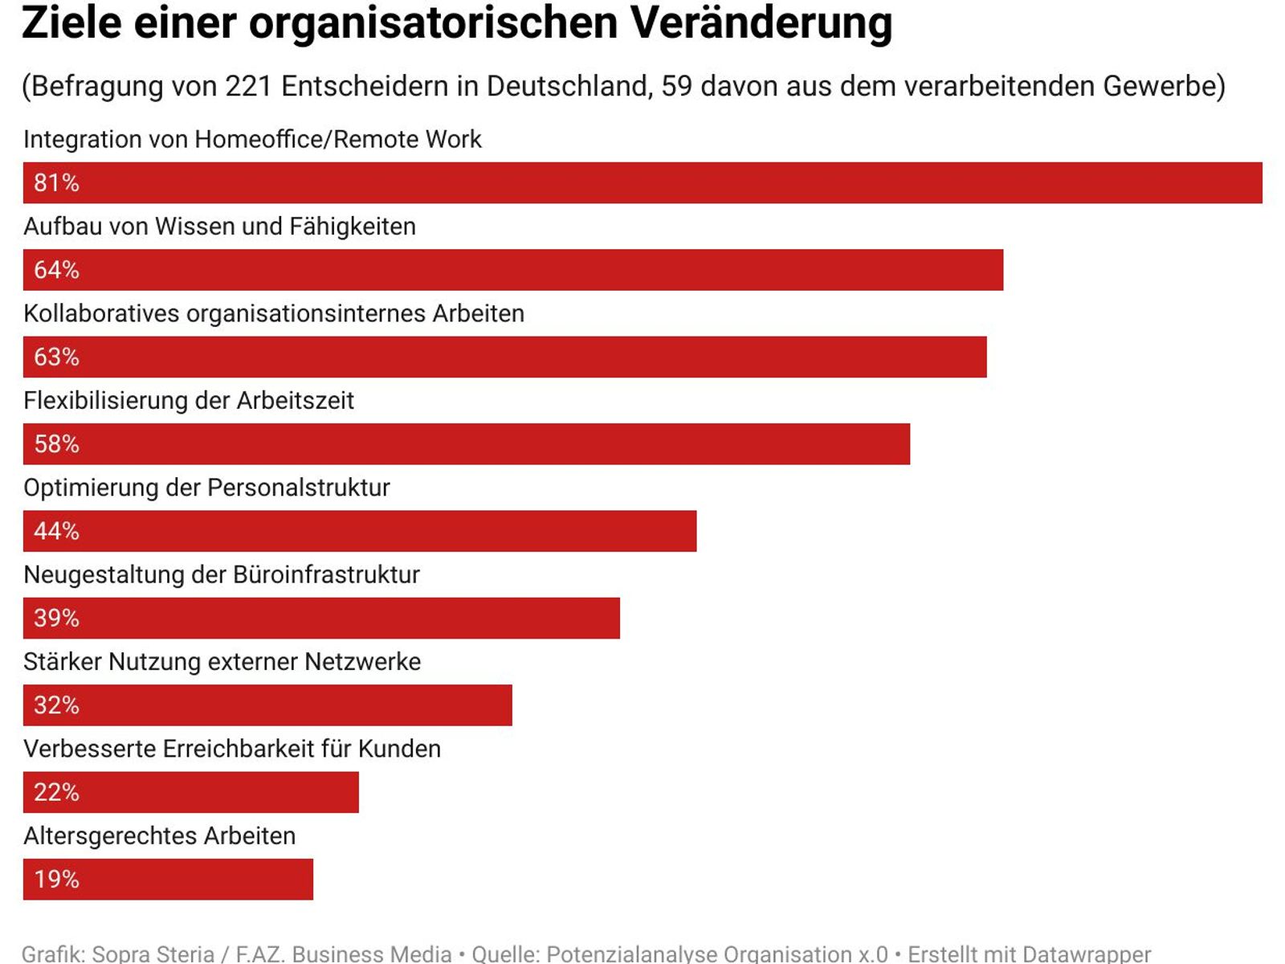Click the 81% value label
click(56, 183)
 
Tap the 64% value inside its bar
click(56, 270)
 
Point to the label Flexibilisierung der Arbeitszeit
click(189, 400)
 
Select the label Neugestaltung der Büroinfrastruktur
click(222, 574)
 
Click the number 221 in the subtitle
click(248, 86)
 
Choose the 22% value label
click(56, 792)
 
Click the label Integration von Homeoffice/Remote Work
click(252, 139)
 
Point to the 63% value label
click(56, 357)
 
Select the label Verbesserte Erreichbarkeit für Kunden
click(232, 749)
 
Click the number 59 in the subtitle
click(676, 86)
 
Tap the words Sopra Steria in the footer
click(153, 954)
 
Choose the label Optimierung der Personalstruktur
click(206, 488)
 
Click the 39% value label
click(56, 618)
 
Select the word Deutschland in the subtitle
click(569, 86)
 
